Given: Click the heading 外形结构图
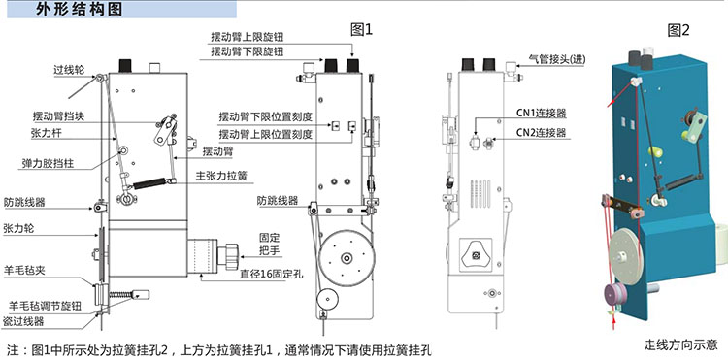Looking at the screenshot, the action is tap(79, 10).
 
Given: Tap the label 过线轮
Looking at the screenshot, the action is tap(69, 71).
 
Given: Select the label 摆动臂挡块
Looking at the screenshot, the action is tap(58, 115).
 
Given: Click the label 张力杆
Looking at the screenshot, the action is tap(46, 135).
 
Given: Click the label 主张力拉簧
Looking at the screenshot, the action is tap(221, 177).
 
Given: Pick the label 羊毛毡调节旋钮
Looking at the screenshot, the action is tap(45, 306).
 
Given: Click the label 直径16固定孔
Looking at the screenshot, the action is tap(271, 275).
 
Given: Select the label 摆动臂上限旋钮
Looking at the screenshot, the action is tap(247, 38).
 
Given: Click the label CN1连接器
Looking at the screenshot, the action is tap(542, 113).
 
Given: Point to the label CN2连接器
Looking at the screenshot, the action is tap(542, 133).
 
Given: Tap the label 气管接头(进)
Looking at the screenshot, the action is tap(557, 59).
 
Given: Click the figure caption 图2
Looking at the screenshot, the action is tap(678, 31).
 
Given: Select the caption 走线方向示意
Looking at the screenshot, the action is tap(680, 344).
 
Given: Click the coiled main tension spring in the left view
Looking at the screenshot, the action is tap(149, 183).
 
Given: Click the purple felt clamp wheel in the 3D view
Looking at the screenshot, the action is tap(615, 295).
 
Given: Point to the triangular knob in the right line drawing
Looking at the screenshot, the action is tap(476, 254).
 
